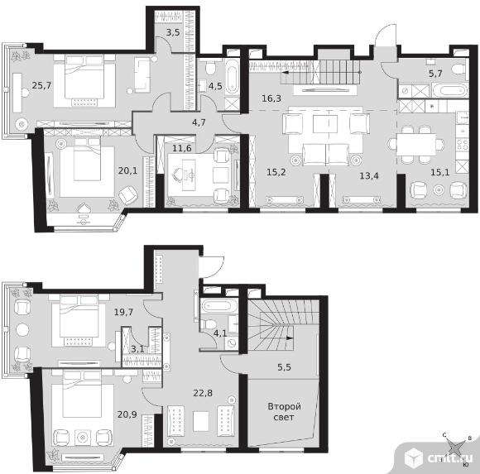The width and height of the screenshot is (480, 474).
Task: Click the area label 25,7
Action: [41, 85]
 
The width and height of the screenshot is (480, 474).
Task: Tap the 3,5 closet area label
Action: [173, 32]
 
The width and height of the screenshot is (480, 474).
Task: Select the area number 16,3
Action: [271, 98]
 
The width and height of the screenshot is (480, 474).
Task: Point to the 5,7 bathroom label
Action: [435, 74]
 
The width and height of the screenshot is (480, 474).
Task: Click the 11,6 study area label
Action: [182, 148]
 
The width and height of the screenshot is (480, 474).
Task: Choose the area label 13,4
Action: [369, 175]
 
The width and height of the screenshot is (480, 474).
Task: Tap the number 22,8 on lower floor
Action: [203, 393]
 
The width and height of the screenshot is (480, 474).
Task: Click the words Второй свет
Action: [284, 412]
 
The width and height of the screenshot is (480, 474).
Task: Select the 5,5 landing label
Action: [284, 367]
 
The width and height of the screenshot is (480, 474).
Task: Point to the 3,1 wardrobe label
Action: [137, 349]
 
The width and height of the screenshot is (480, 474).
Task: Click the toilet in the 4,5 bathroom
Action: [210, 68]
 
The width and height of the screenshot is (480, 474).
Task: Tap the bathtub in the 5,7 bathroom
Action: [450, 90]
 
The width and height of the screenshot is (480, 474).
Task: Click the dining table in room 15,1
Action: [416, 144]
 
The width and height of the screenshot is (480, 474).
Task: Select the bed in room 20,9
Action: [82, 395]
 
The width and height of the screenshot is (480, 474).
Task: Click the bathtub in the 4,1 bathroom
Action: [218, 306]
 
